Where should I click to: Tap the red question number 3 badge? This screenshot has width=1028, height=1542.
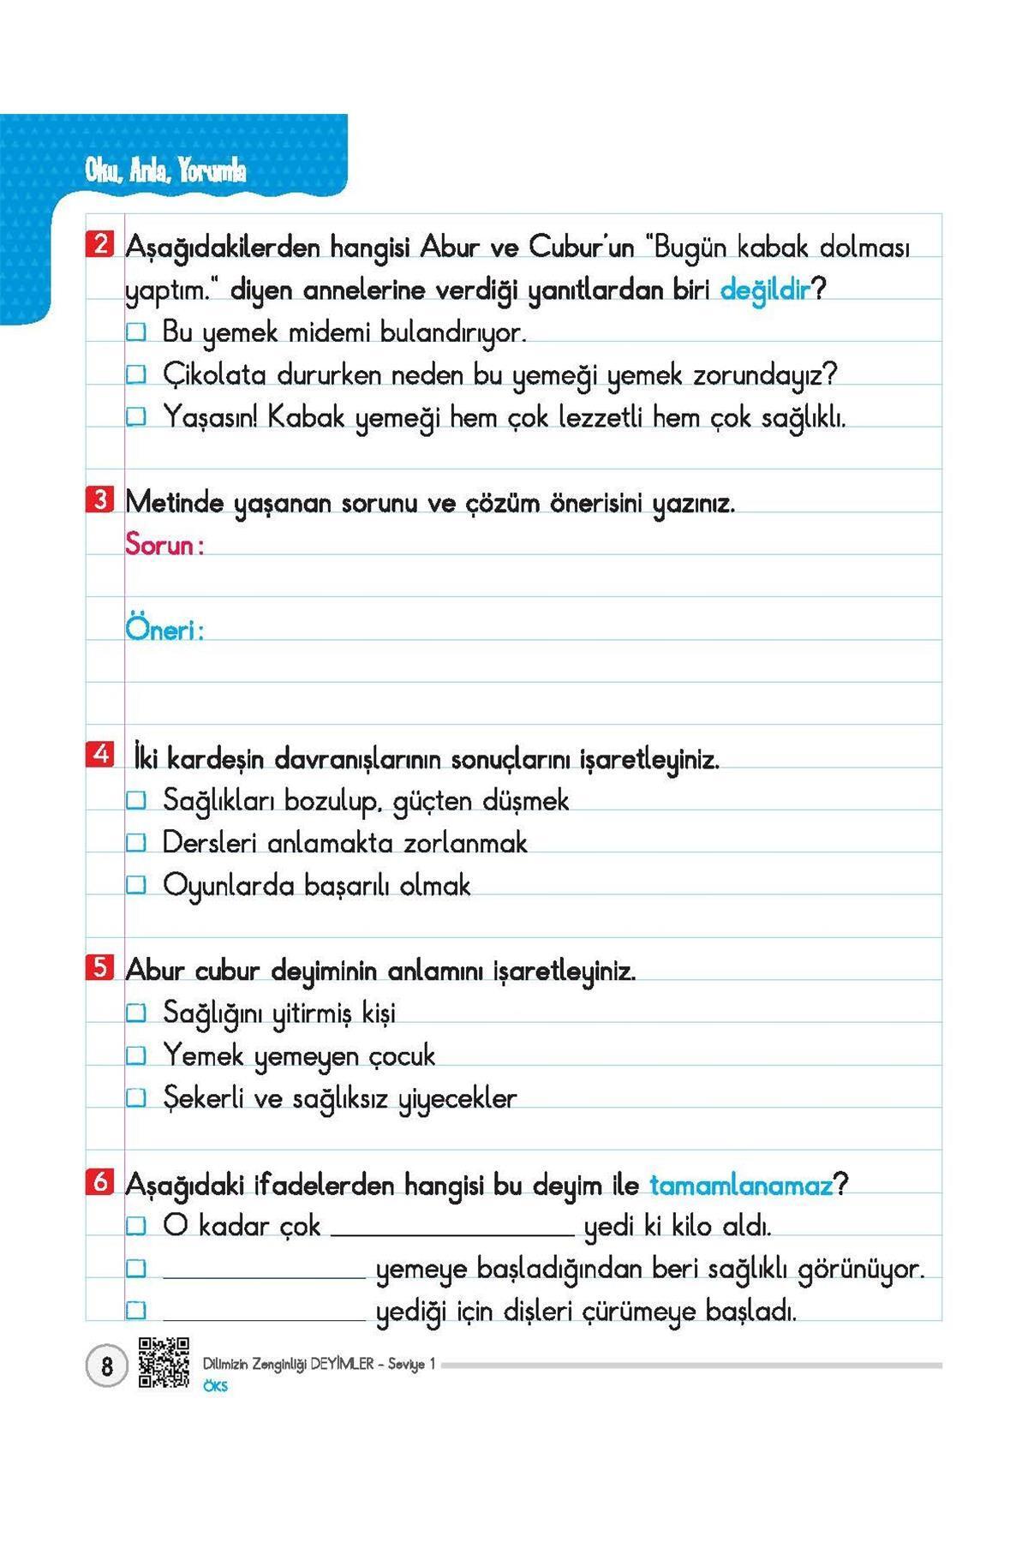tap(100, 499)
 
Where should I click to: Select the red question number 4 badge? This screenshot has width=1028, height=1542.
tap(100, 755)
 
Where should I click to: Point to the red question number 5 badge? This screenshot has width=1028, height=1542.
tap(100, 968)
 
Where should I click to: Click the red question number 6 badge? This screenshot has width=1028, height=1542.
tap(100, 1182)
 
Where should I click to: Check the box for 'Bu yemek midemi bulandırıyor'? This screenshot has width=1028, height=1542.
tap(137, 332)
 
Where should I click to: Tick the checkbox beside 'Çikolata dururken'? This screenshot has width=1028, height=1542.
tap(137, 374)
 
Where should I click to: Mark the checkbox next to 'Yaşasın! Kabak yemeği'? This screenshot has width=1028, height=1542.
tap(137, 417)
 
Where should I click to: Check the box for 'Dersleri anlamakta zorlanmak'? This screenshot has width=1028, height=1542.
tap(137, 843)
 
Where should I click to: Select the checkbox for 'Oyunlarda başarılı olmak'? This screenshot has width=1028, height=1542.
tap(137, 885)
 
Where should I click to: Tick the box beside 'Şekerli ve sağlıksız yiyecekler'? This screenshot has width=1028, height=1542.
tap(137, 1097)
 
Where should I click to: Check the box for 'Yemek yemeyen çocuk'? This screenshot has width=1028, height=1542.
tap(137, 1055)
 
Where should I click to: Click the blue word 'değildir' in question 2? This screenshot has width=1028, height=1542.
tap(765, 290)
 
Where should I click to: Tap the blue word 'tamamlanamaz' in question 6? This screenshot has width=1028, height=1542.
tap(741, 1186)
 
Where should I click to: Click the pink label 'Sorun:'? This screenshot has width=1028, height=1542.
tap(164, 544)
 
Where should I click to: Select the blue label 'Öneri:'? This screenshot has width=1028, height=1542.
tap(164, 630)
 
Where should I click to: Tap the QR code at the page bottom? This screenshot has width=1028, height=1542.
tap(164, 1362)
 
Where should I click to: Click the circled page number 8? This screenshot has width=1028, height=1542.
tap(106, 1366)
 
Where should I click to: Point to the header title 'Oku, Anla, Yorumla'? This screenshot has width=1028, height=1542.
tap(165, 171)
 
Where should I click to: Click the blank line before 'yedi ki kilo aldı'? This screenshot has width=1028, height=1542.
tap(452, 1232)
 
